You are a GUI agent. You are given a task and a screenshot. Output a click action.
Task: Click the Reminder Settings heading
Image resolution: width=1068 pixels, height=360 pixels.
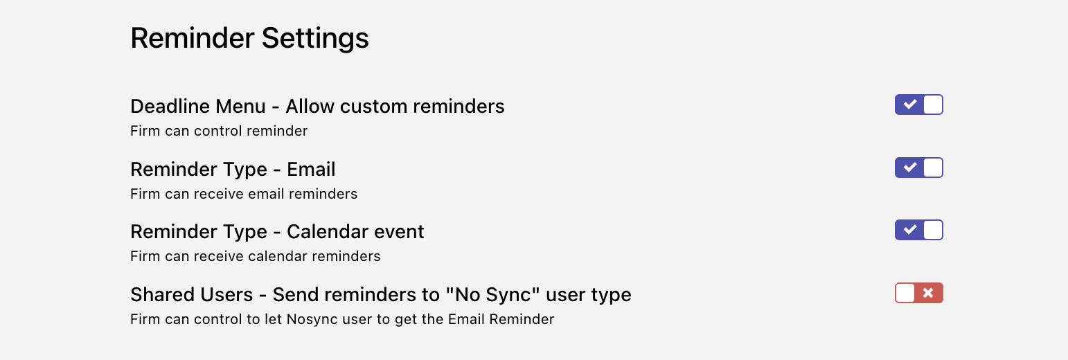(249, 38)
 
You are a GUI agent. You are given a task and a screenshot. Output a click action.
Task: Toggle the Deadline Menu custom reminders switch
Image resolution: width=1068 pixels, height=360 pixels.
(919, 105)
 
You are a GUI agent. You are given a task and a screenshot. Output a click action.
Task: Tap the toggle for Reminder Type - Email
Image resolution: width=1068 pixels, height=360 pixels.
(919, 168)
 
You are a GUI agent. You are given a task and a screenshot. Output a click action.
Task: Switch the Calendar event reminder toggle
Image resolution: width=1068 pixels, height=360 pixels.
(919, 230)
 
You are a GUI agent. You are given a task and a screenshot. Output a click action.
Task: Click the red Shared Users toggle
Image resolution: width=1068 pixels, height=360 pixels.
(919, 293)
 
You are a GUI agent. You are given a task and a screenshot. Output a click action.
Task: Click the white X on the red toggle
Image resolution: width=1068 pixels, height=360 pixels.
(928, 293)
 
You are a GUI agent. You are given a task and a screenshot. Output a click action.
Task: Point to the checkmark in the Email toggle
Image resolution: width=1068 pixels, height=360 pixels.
(909, 168)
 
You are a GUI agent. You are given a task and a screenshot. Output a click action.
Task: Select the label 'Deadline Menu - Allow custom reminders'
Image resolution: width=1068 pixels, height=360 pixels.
(317, 107)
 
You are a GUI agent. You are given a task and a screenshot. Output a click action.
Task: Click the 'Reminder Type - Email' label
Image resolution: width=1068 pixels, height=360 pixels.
(233, 170)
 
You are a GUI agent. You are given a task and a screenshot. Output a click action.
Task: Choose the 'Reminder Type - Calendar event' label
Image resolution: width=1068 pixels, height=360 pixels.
(277, 232)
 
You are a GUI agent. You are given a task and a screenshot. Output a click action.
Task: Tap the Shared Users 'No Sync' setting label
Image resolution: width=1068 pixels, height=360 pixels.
(380, 295)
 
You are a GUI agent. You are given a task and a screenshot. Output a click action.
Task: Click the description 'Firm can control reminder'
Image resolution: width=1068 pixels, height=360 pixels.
(219, 131)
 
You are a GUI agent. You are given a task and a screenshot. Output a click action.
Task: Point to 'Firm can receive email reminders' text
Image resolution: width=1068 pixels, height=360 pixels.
(244, 194)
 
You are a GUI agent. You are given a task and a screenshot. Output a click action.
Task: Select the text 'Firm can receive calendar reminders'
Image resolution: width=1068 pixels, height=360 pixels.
(255, 256)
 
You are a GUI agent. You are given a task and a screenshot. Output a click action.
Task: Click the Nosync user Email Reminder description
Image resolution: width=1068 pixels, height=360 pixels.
(342, 319)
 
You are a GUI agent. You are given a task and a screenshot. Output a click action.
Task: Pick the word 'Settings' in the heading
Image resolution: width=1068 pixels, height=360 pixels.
(315, 38)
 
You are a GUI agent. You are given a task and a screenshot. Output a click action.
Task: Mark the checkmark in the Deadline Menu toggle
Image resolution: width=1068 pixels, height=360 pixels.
(909, 105)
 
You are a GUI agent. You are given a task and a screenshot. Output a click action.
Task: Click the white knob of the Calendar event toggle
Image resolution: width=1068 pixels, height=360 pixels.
(933, 230)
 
